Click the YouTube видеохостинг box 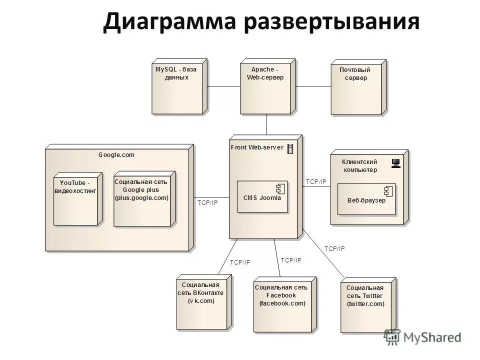coord(77,199)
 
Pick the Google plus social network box coord(143,199)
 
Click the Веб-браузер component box coord(366,199)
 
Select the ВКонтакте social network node coord(204,302)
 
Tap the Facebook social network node coord(283,304)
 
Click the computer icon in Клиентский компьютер coord(396,162)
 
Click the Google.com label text coord(116,155)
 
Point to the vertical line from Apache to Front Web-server coord(266,124)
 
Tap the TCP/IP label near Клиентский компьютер coord(315,182)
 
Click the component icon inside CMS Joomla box coord(280,188)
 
